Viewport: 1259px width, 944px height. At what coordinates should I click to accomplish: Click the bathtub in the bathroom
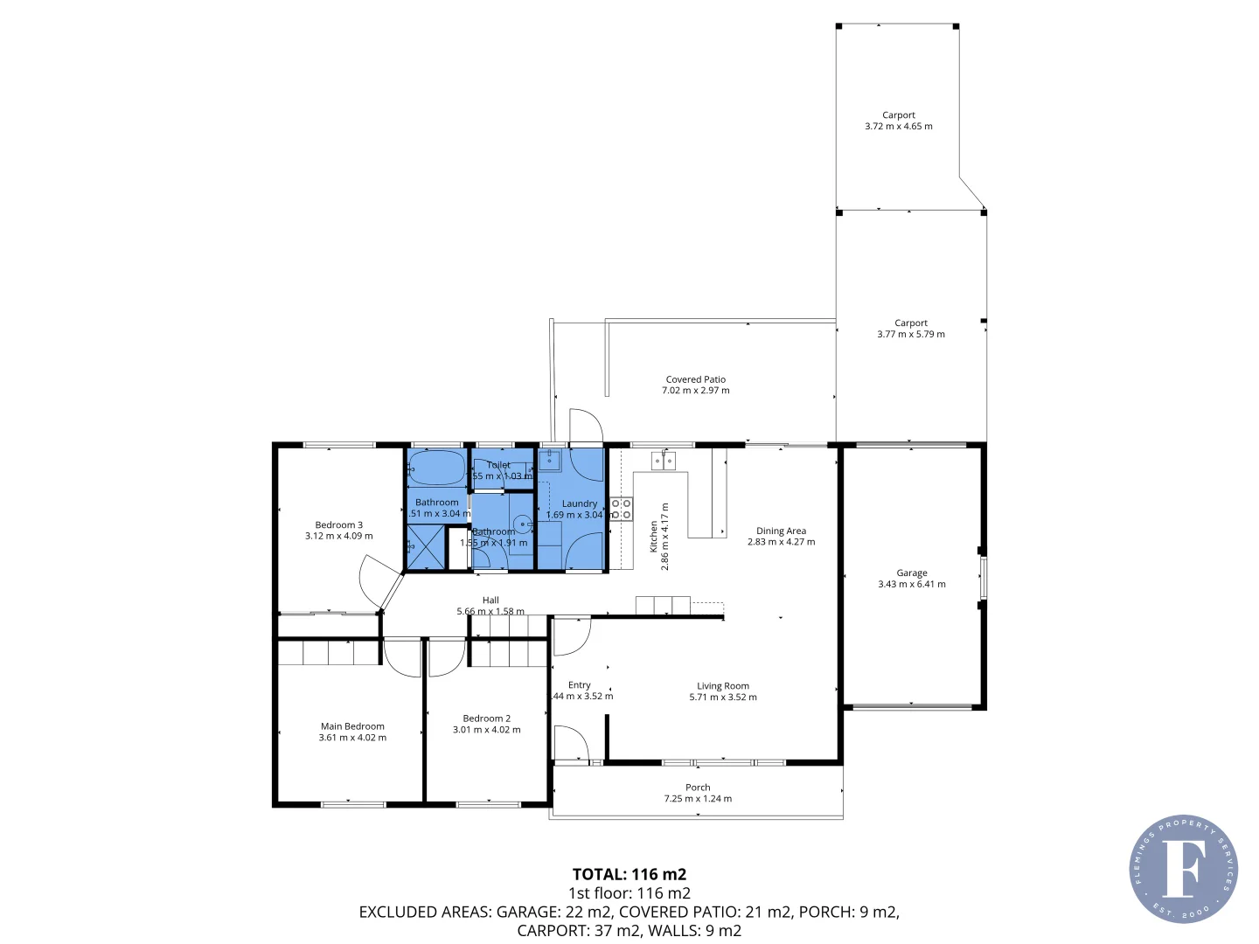coord(437,468)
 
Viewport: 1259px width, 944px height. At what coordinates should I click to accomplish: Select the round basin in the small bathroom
coord(522,524)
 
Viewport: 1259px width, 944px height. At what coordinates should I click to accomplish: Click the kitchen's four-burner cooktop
coord(621,509)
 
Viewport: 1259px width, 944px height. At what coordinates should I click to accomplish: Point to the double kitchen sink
coord(664,460)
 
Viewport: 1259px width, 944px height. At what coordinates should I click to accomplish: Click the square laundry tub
coord(550,460)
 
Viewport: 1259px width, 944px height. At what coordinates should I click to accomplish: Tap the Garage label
coord(911,573)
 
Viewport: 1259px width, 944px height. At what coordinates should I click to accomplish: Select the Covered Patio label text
coord(695,379)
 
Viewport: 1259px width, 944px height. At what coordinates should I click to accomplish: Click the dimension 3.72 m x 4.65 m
coord(898,127)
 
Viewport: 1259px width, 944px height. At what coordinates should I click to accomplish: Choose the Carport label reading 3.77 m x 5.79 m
coord(910,329)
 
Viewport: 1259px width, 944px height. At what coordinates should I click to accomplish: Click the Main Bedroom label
coord(352,726)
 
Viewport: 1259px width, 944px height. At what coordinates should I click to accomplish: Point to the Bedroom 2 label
coord(486,718)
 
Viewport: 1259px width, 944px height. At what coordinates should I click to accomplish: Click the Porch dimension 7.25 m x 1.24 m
coord(698,799)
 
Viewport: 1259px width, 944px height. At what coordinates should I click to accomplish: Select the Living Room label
coord(722,686)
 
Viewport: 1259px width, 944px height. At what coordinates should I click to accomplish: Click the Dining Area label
coord(781,531)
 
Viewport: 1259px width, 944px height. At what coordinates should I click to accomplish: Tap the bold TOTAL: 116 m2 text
coord(629,874)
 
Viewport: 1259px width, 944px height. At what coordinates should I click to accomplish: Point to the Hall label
coord(490,600)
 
